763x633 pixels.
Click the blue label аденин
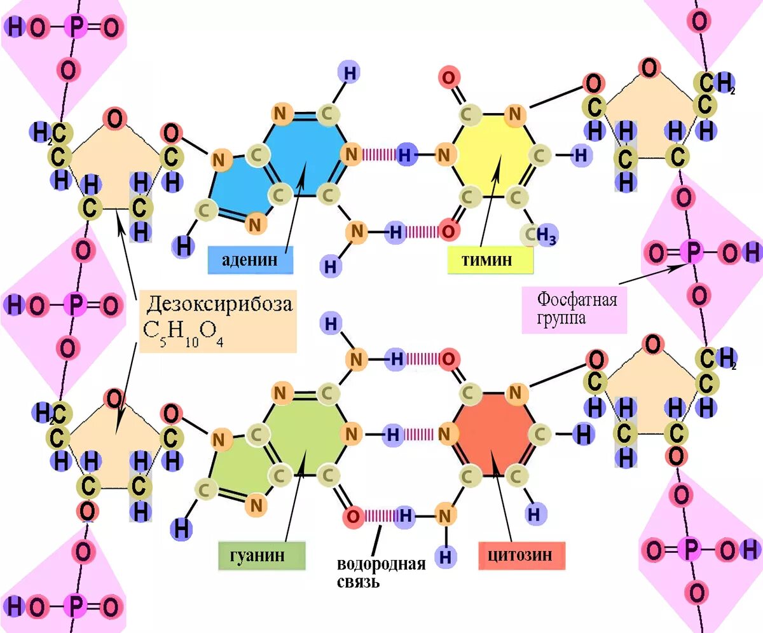[x=251, y=261]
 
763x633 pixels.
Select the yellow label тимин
[x=490, y=261]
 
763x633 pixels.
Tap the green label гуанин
[x=262, y=555]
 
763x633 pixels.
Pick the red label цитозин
[x=521, y=555]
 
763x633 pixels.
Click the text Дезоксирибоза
[x=220, y=304]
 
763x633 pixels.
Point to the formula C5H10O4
[x=185, y=332]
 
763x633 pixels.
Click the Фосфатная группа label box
[x=574, y=310]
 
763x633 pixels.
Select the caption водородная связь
[x=381, y=572]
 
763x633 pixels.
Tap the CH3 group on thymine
[x=539, y=236]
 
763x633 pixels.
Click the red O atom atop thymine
[x=448, y=79]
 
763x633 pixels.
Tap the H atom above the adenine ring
[x=349, y=72]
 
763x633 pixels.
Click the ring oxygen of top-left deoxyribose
[x=115, y=119]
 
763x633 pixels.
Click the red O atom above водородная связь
[x=354, y=517]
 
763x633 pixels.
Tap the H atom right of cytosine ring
[x=582, y=435]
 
